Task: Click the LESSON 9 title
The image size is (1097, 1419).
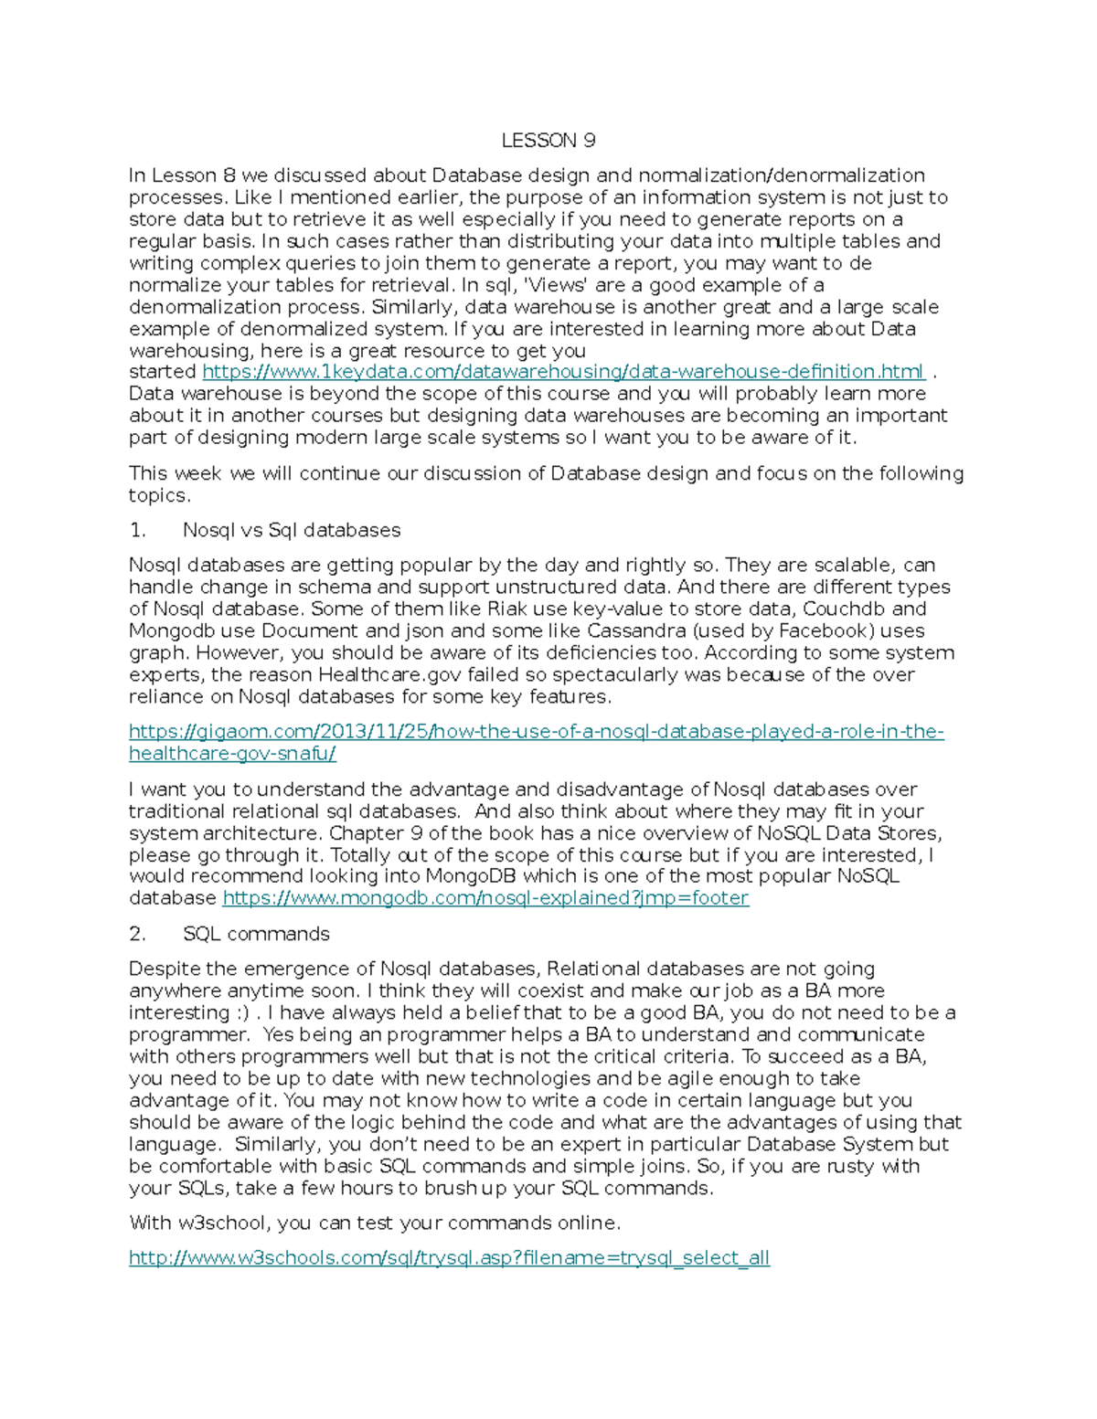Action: click(x=548, y=140)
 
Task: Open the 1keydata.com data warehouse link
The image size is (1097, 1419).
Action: click(x=563, y=372)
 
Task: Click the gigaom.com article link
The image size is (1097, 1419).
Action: click(x=536, y=732)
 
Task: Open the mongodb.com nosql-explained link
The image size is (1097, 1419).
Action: click(x=485, y=898)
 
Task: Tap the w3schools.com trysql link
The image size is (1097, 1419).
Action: click(x=449, y=1258)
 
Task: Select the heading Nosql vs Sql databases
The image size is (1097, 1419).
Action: click(x=292, y=530)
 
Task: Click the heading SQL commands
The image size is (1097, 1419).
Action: click(x=256, y=934)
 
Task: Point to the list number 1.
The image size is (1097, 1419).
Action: click(x=137, y=530)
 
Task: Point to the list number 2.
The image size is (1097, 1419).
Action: click(x=137, y=934)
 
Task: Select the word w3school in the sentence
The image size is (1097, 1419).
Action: click(x=223, y=1223)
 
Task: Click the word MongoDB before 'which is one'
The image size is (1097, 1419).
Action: click(x=472, y=876)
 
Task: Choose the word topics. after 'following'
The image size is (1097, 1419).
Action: click(x=159, y=495)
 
